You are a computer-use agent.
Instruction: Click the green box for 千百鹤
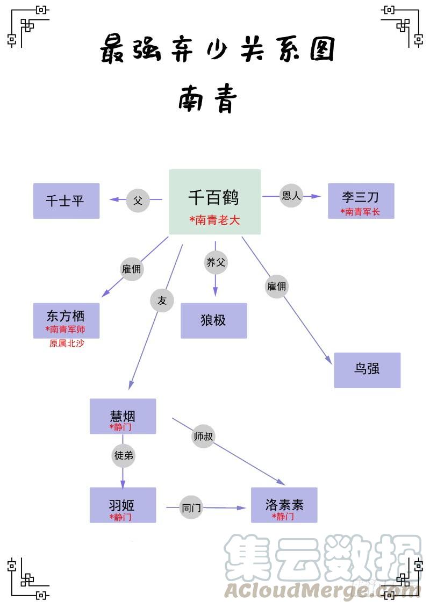[x=215, y=202]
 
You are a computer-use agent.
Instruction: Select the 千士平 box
[x=66, y=201]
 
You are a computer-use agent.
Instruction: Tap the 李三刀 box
[x=361, y=201]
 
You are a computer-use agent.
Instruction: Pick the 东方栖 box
[x=66, y=320]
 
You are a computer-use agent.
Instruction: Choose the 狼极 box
[x=213, y=320]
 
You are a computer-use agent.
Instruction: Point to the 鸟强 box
[x=367, y=370]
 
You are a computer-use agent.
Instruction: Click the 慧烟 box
[x=123, y=416]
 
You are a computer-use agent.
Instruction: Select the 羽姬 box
[x=123, y=505]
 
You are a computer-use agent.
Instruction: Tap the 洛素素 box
[x=284, y=505]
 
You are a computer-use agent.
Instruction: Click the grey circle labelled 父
[x=138, y=201]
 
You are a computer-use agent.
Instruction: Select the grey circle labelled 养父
[x=216, y=262]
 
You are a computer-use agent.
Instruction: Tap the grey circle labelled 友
[x=162, y=301]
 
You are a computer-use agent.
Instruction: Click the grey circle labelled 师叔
[x=203, y=437]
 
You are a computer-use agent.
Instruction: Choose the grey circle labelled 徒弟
[x=123, y=456]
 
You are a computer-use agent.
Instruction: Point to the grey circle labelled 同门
[x=191, y=507]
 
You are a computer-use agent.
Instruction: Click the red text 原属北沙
[x=67, y=344]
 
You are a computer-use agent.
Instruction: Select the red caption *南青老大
[x=214, y=220]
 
